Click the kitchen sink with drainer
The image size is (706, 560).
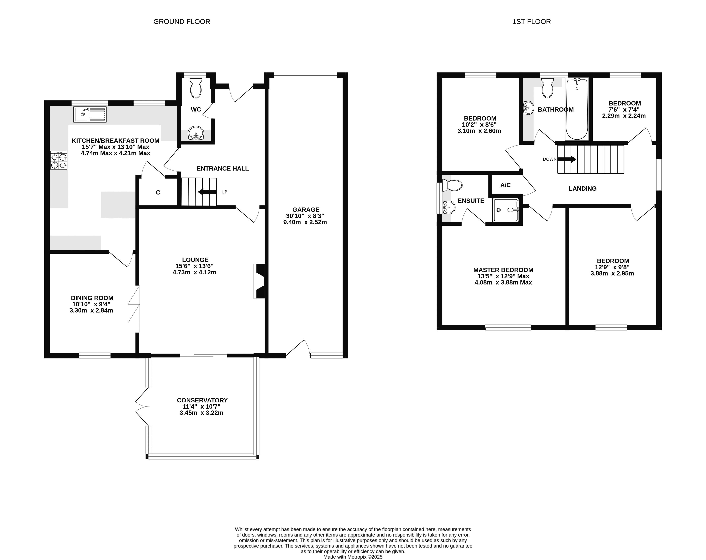(x=90, y=114)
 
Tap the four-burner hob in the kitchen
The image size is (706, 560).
(x=59, y=160)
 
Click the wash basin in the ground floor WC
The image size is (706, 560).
(x=196, y=134)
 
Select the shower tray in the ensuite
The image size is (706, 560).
(x=506, y=210)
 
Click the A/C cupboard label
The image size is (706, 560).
(x=506, y=185)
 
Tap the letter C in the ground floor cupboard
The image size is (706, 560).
(x=158, y=193)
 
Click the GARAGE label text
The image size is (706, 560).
(x=306, y=210)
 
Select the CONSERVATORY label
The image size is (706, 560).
(x=202, y=400)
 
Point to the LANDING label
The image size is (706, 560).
(x=583, y=189)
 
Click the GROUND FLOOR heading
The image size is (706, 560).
(x=182, y=22)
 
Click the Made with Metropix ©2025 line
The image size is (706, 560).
(x=353, y=557)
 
